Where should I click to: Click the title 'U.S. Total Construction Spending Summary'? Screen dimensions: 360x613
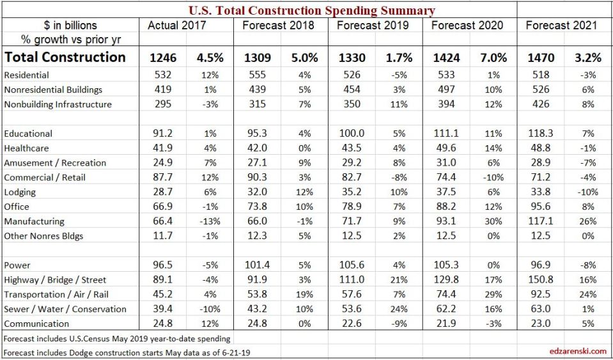pyautogui.click(x=312, y=10)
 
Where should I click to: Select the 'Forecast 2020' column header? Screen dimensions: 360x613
pyautogui.click(x=467, y=26)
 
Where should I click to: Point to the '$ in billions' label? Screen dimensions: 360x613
pyautogui.click(x=70, y=26)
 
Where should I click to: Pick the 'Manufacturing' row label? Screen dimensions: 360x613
pyautogui.click(x=34, y=221)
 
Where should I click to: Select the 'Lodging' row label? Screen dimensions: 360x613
pyautogui.click(x=20, y=192)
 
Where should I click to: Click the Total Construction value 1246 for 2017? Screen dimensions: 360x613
pyautogui.click(x=163, y=58)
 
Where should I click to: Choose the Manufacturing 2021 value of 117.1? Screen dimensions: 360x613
pyautogui.click(x=541, y=221)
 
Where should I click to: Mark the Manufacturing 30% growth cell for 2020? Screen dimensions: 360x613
pyautogui.click(x=493, y=221)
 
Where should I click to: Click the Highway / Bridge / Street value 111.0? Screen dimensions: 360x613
pyautogui.click(x=352, y=279)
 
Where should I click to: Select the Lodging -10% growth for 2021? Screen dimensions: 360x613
pyautogui.click(x=587, y=192)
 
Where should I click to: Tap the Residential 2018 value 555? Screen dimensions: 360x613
pyautogui.click(x=257, y=75)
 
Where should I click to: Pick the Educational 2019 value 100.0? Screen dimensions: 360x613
pyautogui.click(x=352, y=134)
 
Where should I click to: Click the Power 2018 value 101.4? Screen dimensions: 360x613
pyautogui.click(x=257, y=265)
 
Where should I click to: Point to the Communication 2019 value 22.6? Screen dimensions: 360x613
pyautogui.click(x=352, y=324)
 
